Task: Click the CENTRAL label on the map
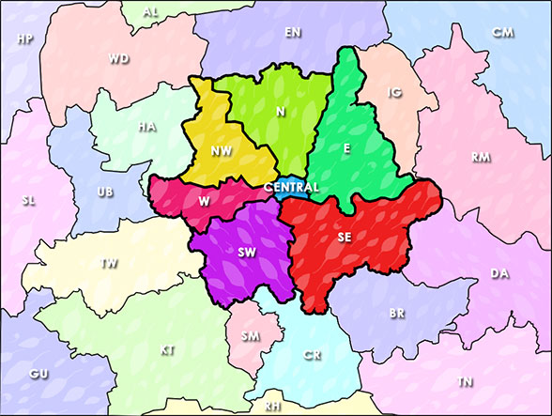click(292, 188)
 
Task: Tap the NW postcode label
click(222, 150)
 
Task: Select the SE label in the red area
click(345, 237)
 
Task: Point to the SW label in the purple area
click(248, 253)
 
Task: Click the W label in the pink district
click(205, 199)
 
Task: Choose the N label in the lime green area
click(280, 112)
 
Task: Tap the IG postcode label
click(394, 93)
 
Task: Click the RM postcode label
click(481, 157)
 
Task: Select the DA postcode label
click(499, 273)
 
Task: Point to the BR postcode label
click(397, 313)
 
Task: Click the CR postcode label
click(313, 356)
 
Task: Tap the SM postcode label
click(251, 335)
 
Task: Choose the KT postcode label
click(167, 350)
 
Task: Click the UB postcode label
click(105, 193)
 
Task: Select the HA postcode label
click(146, 127)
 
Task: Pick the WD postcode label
click(118, 58)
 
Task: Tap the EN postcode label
click(293, 32)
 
